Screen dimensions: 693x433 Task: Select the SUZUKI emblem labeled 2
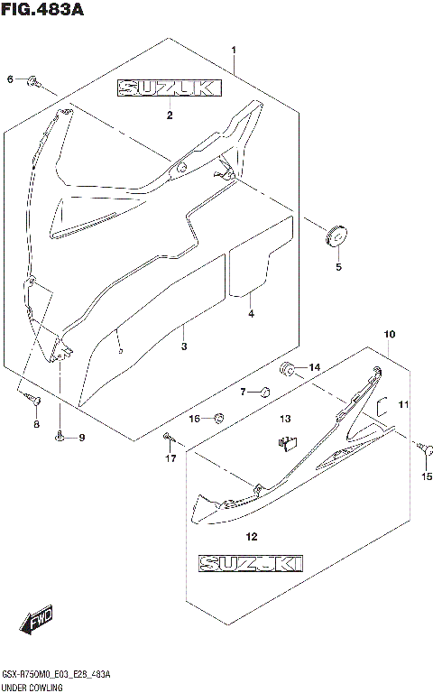tap(167, 88)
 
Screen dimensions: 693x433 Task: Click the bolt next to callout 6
tap(32, 81)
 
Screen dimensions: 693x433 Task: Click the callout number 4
tap(252, 313)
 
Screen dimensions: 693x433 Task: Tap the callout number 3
tap(183, 346)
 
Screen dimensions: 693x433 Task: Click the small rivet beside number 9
tap(60, 438)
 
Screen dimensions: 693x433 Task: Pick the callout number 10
tap(389, 336)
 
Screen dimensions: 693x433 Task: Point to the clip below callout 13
tap(287, 442)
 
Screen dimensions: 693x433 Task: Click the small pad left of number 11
tap(382, 405)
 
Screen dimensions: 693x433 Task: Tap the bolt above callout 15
tap(421, 445)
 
